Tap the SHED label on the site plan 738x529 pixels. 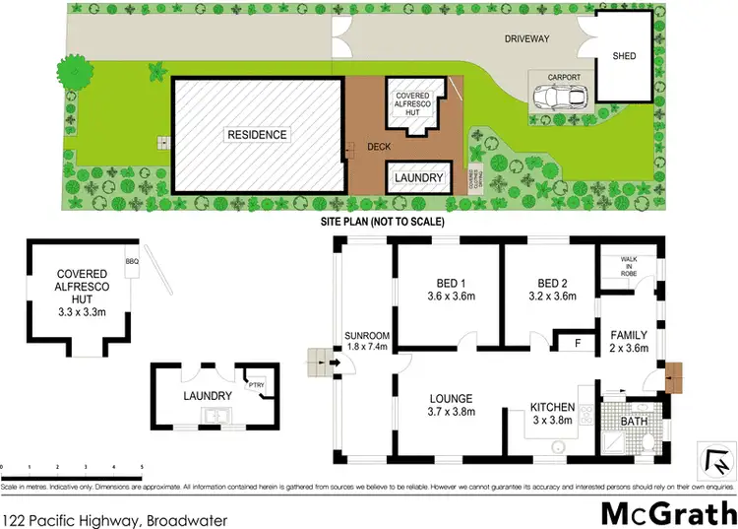[x=624, y=57]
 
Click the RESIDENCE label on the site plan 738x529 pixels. [x=257, y=135]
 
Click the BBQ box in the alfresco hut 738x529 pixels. [x=132, y=261]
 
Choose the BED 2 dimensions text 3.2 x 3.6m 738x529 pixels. [x=550, y=297]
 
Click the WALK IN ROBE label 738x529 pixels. [x=629, y=264]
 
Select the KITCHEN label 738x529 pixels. [x=551, y=407]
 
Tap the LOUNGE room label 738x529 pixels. [x=452, y=399]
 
